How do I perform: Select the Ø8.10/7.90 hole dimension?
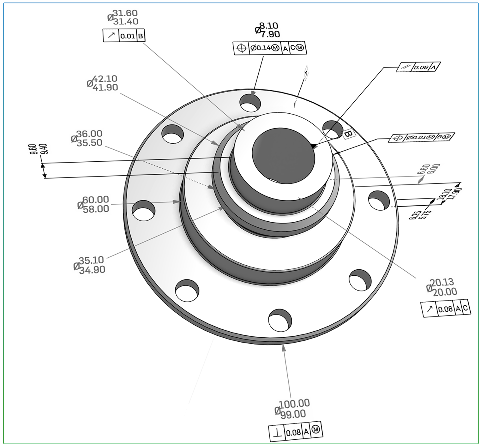268,30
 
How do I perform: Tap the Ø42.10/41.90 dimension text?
103,83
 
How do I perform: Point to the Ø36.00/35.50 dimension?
87,138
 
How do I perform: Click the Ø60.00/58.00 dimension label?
94,204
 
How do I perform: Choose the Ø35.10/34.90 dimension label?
90,265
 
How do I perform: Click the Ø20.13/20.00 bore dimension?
442,287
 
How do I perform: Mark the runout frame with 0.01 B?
124,36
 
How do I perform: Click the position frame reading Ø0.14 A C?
270,48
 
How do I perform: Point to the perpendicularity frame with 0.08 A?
295,432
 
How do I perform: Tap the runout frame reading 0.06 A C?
446,309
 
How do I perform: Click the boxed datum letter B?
348,134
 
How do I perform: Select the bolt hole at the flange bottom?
280,320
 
